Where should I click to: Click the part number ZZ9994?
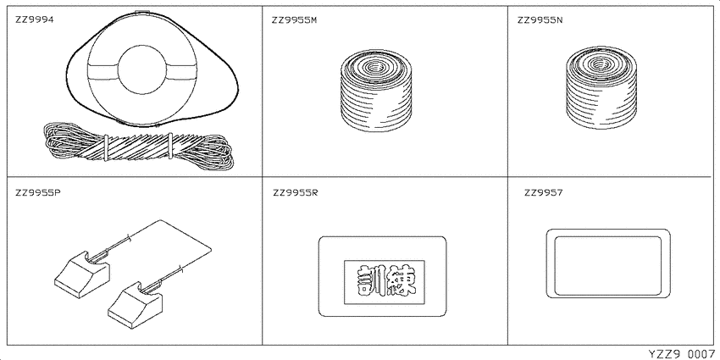[35, 20]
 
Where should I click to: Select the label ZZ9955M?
[294, 20]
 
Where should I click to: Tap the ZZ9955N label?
[540, 20]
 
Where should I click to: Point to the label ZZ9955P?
[37, 192]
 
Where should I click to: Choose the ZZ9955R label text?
[296, 192]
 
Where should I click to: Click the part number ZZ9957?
[544, 192]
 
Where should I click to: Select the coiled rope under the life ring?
[138, 146]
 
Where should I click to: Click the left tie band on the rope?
[106, 148]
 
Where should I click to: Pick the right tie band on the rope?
[170, 146]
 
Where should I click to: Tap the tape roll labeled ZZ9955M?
[377, 90]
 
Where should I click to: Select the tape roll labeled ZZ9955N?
[601, 88]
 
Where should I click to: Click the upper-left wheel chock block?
[82, 274]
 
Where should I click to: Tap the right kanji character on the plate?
[401, 282]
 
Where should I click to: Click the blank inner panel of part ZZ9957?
[608, 265]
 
